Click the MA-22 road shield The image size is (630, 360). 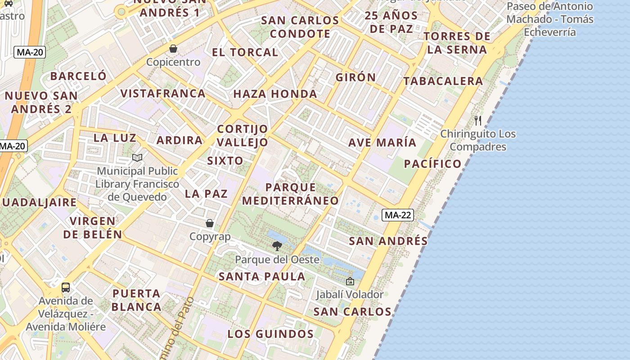pos(398,215)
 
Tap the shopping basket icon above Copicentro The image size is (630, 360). pos(173,49)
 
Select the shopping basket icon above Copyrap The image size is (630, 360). pos(210,223)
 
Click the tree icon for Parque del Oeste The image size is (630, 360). pos(277,246)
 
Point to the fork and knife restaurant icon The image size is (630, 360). pos(478,121)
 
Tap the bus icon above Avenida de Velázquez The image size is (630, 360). pos(66,287)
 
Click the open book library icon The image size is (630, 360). pos(137,157)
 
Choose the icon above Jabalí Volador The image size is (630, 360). pos(350,282)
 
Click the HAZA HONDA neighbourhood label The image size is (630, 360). pos(275,94)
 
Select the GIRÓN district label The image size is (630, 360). pos(355,77)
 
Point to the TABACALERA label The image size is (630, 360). pos(443,81)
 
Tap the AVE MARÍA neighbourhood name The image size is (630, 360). pos(382,143)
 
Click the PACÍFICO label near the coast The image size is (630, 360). pos(432,164)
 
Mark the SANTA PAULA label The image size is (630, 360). pos(262,276)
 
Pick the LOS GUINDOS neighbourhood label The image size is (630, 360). pos(270,334)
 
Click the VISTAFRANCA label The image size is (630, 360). pos(163,94)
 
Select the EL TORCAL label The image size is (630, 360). pos(245,52)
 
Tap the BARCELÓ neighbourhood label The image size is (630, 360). pos(78,76)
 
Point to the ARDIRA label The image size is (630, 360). pos(180,140)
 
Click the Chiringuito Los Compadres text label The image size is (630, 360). pos(478,140)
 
